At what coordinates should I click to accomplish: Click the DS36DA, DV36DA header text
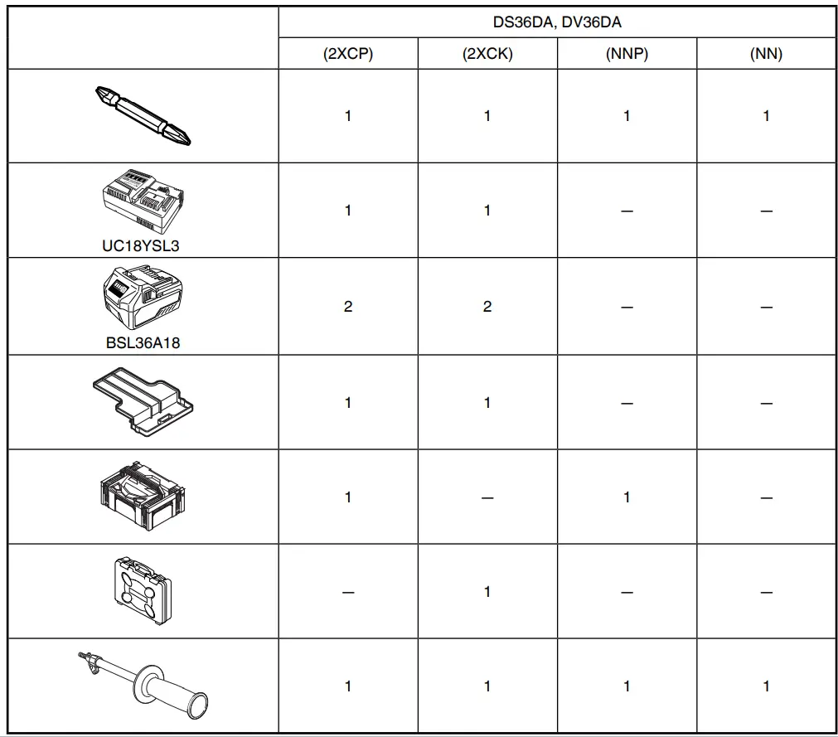click(556, 22)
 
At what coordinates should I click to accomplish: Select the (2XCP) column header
click(348, 55)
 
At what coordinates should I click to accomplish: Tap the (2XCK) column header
click(487, 55)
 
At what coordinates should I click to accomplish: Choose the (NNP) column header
click(627, 55)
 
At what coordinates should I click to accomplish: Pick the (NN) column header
click(766, 55)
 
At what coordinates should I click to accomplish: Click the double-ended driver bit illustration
click(143, 115)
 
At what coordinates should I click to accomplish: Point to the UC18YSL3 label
click(143, 246)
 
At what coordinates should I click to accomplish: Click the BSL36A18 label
click(143, 342)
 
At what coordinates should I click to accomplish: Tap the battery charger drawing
click(143, 201)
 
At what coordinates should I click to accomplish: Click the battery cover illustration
click(143, 401)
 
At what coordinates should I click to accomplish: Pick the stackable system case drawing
click(143, 496)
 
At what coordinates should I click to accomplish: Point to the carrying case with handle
click(143, 590)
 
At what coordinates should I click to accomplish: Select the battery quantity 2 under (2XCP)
click(348, 307)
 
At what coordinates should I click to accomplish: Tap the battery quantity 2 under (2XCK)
click(487, 307)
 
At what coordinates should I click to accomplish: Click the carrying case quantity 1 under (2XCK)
click(487, 592)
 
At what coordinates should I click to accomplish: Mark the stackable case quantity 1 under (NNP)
click(627, 497)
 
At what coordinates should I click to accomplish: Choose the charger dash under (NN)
click(766, 211)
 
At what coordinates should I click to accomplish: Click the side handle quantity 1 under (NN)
click(766, 686)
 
